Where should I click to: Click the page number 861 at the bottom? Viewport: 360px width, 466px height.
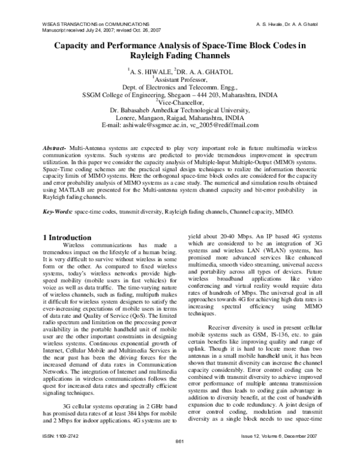point(179,459)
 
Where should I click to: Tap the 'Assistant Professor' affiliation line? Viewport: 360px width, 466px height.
point(181,79)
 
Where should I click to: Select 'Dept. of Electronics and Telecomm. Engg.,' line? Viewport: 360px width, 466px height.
point(181,86)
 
